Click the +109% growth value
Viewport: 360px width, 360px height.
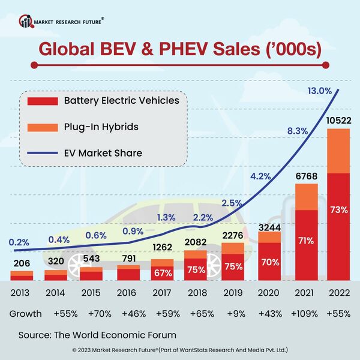(305, 313)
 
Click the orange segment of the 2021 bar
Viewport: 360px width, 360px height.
(305, 196)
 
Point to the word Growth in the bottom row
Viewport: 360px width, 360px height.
(26, 313)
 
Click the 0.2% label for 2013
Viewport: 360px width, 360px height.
(20, 242)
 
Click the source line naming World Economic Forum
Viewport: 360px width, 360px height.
(97, 334)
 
